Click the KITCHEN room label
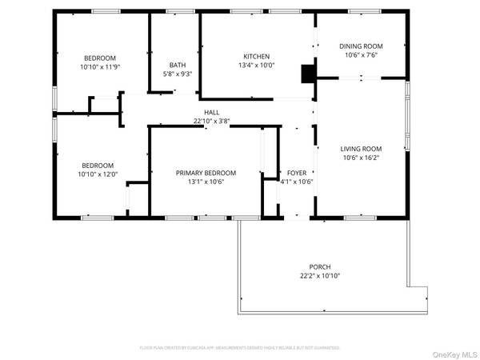click(257, 56)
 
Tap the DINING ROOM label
click(360, 46)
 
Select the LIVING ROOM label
click(361, 149)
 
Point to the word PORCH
click(320, 267)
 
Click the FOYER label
click(296, 173)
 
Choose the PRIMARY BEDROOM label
click(206, 173)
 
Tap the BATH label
click(177, 65)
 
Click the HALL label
click(212, 113)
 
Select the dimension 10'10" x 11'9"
click(100, 67)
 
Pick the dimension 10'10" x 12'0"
click(98, 174)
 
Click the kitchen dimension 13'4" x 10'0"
click(257, 66)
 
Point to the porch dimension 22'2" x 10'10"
click(320, 276)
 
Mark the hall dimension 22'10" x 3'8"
click(212, 122)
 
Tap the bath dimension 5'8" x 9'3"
click(177, 74)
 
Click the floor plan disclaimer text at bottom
click(240, 348)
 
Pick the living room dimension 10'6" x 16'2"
click(361, 158)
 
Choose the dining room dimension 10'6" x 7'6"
click(360, 55)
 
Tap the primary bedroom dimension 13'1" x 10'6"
click(206, 182)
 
